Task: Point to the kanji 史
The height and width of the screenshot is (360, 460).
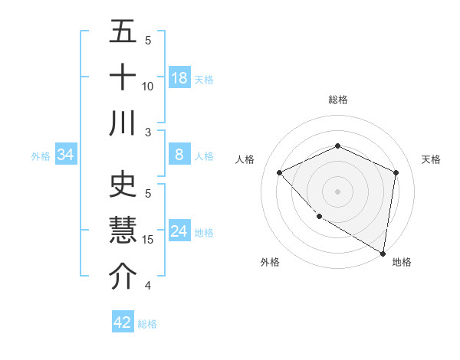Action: pos(123,186)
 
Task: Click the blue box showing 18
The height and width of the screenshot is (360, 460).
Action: pos(179,78)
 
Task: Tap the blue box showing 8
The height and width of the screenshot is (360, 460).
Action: pos(179,155)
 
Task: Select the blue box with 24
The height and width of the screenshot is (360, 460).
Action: pos(179,231)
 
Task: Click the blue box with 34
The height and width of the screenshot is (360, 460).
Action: pos(66,155)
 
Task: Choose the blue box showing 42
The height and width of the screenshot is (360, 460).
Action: pos(123,322)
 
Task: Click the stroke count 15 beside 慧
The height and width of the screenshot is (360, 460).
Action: pos(148,240)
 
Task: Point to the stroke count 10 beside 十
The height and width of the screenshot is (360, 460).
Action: pos(148,86)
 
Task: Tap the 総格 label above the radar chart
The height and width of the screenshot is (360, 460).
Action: pos(337,100)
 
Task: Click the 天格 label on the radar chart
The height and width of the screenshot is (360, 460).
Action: pos(431,159)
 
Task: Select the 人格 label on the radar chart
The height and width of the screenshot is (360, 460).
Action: pos(245,159)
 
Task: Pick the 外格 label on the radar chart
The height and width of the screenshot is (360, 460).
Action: pos(269,263)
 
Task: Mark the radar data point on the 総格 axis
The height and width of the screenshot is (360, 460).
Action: pos(337,146)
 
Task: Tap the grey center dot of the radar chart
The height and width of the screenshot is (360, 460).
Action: pos(337,191)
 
